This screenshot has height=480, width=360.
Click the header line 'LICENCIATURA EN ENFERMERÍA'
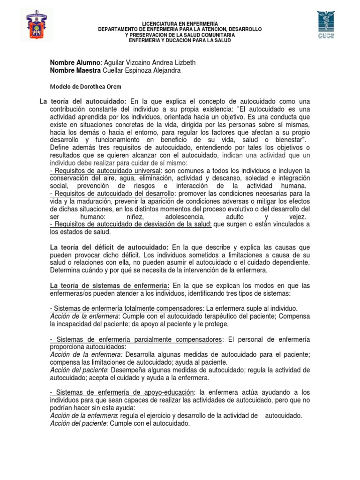180,24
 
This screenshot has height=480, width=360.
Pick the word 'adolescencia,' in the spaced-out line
185,217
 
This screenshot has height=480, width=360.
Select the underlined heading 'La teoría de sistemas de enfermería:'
110,285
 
